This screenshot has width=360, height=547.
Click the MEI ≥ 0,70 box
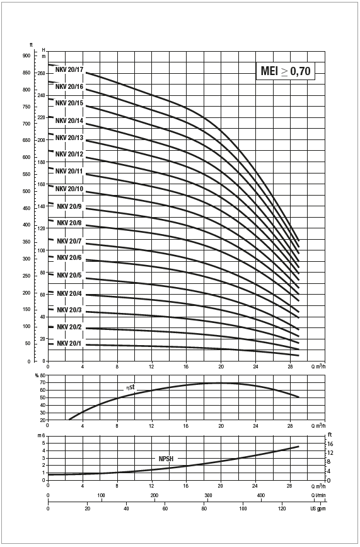pos(286,71)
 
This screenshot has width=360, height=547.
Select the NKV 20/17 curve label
pos(69,69)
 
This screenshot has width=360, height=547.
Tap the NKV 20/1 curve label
pos(69,344)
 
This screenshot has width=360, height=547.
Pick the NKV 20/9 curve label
pos(69,206)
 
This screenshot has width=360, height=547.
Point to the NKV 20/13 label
pos(69,138)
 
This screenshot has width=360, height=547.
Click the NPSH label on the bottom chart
pos(166,459)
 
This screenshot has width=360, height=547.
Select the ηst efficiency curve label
pos(131,387)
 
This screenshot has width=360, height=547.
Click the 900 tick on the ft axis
pos(27,56)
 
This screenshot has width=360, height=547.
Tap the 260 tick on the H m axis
pos(42,73)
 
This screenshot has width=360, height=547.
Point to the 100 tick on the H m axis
pos(42,250)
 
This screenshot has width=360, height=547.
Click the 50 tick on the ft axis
pos(28,344)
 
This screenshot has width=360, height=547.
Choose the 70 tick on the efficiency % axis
pos(43,383)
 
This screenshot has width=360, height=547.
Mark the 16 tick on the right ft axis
pos(330,444)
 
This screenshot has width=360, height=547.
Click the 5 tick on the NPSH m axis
pos(44,443)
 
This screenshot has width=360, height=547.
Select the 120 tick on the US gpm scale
pos(282,509)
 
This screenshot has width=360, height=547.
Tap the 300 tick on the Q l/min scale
pos(208,495)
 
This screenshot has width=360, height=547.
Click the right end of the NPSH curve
pos(299,446)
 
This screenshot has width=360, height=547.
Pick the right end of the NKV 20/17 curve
pos(299,240)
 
